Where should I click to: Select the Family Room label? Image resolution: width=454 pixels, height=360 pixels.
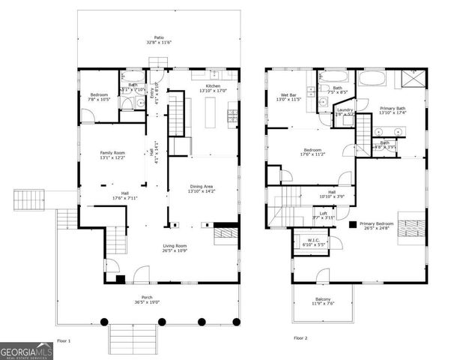coord(113,154)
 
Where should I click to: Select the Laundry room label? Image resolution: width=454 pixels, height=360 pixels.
coord(345,112)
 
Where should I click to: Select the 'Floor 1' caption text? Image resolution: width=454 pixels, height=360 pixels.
coord(64,340)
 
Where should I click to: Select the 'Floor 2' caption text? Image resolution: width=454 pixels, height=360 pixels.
coord(300,338)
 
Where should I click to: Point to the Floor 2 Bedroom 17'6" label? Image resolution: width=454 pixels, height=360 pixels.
coord(312,151)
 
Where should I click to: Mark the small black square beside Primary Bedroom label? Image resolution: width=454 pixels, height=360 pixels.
coord(352,223)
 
